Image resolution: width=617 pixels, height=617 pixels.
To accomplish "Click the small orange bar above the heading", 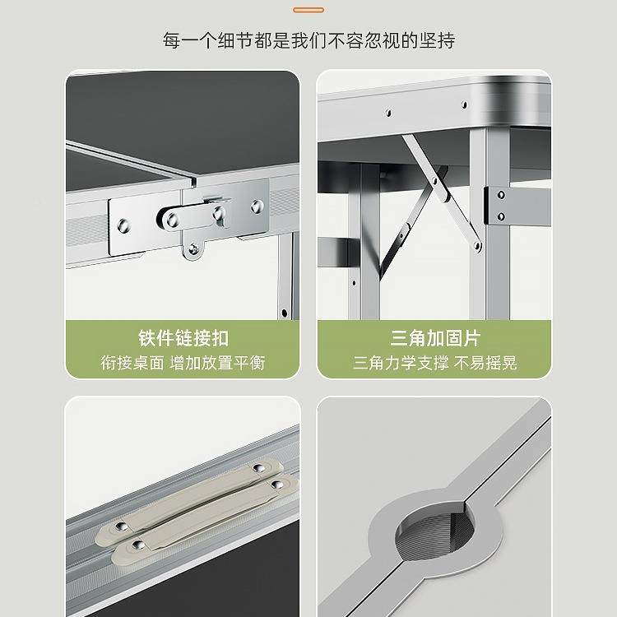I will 308,9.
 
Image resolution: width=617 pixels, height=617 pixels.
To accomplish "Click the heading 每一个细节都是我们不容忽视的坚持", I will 308,40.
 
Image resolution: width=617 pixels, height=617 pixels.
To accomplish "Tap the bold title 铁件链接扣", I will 183,338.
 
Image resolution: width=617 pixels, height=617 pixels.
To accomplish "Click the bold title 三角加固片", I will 434,338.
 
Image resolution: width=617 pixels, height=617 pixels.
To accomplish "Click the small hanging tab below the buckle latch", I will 195,248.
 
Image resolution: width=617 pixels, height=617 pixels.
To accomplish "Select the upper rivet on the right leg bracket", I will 500,195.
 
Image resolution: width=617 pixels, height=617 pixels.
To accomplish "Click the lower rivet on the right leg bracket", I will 500,216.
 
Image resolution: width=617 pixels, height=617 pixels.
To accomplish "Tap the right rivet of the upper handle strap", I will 258,467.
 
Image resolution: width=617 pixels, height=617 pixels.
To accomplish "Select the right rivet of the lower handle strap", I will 276,485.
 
